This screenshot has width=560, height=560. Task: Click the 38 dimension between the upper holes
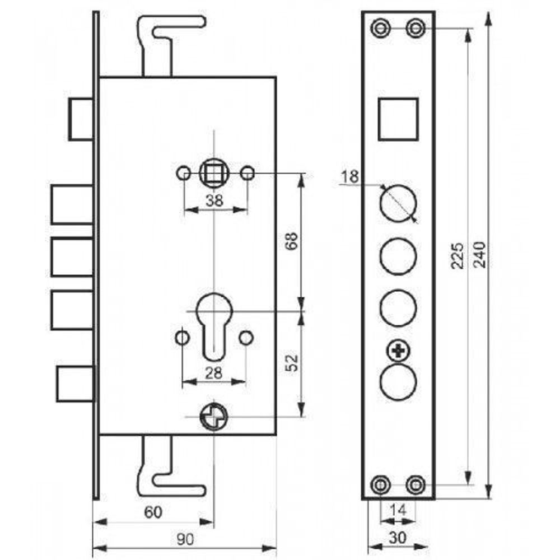(x=215, y=200)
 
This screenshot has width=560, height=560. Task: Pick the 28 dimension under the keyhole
(x=214, y=372)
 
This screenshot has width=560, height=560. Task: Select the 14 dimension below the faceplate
(x=398, y=510)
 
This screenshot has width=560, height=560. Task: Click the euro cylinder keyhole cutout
(x=214, y=325)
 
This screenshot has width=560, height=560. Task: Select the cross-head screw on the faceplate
(x=398, y=351)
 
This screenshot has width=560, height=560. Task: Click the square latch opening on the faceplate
(x=398, y=119)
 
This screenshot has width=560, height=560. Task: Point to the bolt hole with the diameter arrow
(x=398, y=203)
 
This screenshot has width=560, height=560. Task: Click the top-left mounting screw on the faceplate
(x=381, y=27)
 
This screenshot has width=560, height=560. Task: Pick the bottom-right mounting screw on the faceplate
(x=415, y=484)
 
